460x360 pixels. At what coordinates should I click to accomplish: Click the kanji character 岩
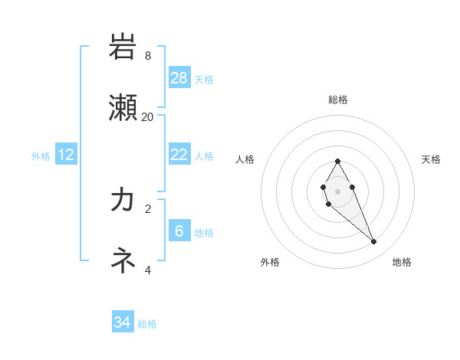point(123,47)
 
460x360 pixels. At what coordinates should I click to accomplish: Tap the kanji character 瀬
point(123,108)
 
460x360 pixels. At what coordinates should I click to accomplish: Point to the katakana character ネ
point(123,260)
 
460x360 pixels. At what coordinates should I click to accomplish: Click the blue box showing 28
point(179,77)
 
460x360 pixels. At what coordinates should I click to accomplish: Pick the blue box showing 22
point(179,154)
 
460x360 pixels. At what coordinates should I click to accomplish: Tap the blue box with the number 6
point(179,231)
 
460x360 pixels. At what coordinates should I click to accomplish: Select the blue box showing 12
point(66,155)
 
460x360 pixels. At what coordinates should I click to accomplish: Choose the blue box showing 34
point(123,322)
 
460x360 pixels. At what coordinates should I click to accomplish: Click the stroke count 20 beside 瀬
point(148,116)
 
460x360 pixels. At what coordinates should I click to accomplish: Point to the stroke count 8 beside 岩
point(148,55)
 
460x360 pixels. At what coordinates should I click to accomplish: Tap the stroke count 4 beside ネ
point(148,269)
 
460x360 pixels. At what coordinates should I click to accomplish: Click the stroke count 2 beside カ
point(148,208)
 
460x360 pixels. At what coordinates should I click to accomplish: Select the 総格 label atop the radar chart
point(338,100)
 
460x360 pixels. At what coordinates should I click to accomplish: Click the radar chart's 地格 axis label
point(402,262)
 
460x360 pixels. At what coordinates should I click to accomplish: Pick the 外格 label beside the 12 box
point(41,155)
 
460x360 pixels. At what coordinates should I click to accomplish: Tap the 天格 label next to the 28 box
point(204,79)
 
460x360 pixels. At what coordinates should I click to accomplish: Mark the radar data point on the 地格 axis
point(374,242)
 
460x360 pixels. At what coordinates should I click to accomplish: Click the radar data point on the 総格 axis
point(337,161)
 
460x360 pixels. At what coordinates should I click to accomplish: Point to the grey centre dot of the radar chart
point(337,191)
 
